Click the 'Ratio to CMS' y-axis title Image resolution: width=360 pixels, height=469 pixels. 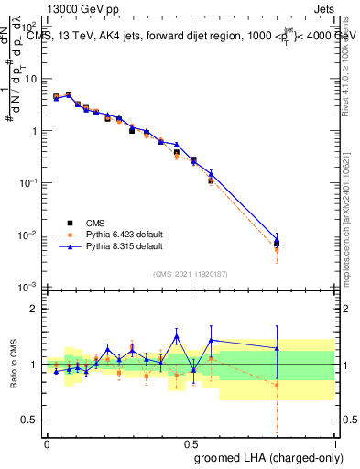pyautogui.click(x=13, y=365)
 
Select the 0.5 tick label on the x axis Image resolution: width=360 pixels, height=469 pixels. pyautogui.click(x=190, y=442)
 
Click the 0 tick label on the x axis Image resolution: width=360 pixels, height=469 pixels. pyautogui.click(x=47, y=442)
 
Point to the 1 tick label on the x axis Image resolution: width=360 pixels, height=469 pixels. pyautogui.click(x=333, y=442)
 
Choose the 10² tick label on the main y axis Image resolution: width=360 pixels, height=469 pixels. pyautogui.click(x=30, y=27)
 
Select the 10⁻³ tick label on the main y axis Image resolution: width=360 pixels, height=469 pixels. pyautogui.click(x=30, y=288)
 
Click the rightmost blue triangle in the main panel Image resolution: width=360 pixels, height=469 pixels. pyautogui.click(x=277, y=240)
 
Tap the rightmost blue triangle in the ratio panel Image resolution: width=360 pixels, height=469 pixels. pyautogui.click(x=277, y=348)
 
